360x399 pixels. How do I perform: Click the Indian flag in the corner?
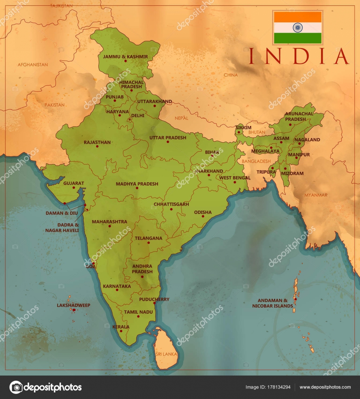click(298, 27)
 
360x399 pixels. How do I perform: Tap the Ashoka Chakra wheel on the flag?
click(298, 27)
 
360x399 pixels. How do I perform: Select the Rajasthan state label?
click(97, 143)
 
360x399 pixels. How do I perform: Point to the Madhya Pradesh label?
click(137, 184)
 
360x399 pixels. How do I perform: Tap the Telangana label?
click(148, 238)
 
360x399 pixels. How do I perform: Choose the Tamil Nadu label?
click(138, 312)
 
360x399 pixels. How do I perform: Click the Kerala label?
click(121, 327)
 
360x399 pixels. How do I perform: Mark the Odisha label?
click(203, 212)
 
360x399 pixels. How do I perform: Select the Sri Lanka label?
click(166, 354)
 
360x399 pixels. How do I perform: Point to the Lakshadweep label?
click(74, 305)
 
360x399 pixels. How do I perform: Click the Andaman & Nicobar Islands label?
click(275, 303)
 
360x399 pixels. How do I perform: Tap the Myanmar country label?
click(316, 195)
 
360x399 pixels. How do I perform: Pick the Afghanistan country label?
click(33, 65)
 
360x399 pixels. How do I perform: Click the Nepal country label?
click(181, 118)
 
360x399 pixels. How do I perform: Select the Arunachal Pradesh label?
click(296, 117)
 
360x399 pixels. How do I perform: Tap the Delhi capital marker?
click(130, 119)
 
